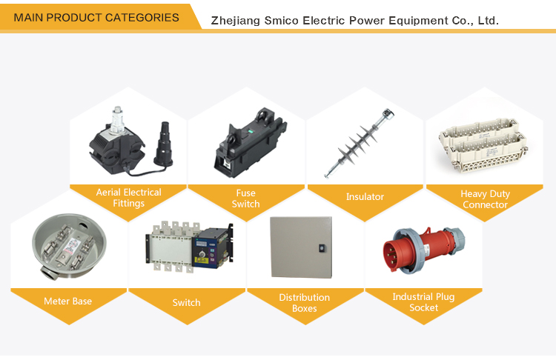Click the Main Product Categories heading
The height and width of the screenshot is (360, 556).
tap(96, 17)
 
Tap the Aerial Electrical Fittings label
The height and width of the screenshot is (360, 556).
tap(129, 198)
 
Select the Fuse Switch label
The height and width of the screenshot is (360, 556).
tap(245, 199)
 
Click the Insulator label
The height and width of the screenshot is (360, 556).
tap(365, 197)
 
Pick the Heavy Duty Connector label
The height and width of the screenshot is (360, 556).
tap(485, 199)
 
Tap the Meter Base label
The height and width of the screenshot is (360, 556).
tap(67, 301)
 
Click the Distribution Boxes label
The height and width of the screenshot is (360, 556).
tap(305, 303)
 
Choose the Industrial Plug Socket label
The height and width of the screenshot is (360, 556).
tap(423, 302)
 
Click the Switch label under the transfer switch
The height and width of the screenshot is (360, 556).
tap(186, 302)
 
